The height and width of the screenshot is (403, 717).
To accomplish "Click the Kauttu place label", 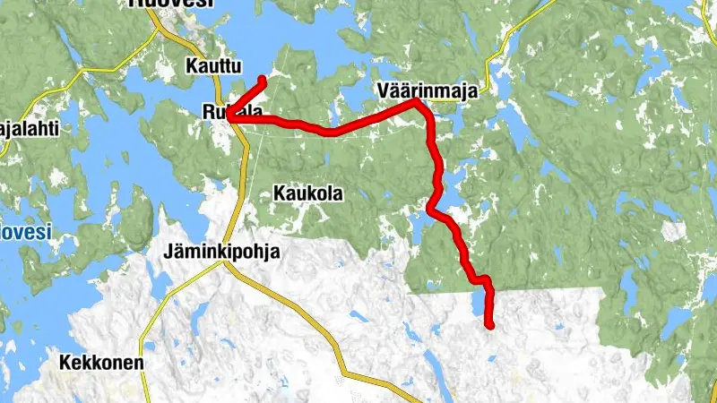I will click(x=212, y=65).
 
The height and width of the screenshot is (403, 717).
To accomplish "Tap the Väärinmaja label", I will click(x=424, y=90).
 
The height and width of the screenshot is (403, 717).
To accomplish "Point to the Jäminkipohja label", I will click(x=221, y=253).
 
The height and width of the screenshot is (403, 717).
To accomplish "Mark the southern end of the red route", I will click(x=489, y=325).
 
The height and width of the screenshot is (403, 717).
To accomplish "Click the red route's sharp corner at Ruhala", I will click(x=230, y=116).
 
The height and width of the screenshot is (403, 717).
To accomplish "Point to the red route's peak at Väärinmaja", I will click(x=416, y=102).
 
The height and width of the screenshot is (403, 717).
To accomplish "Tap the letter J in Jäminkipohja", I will click(x=169, y=253).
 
